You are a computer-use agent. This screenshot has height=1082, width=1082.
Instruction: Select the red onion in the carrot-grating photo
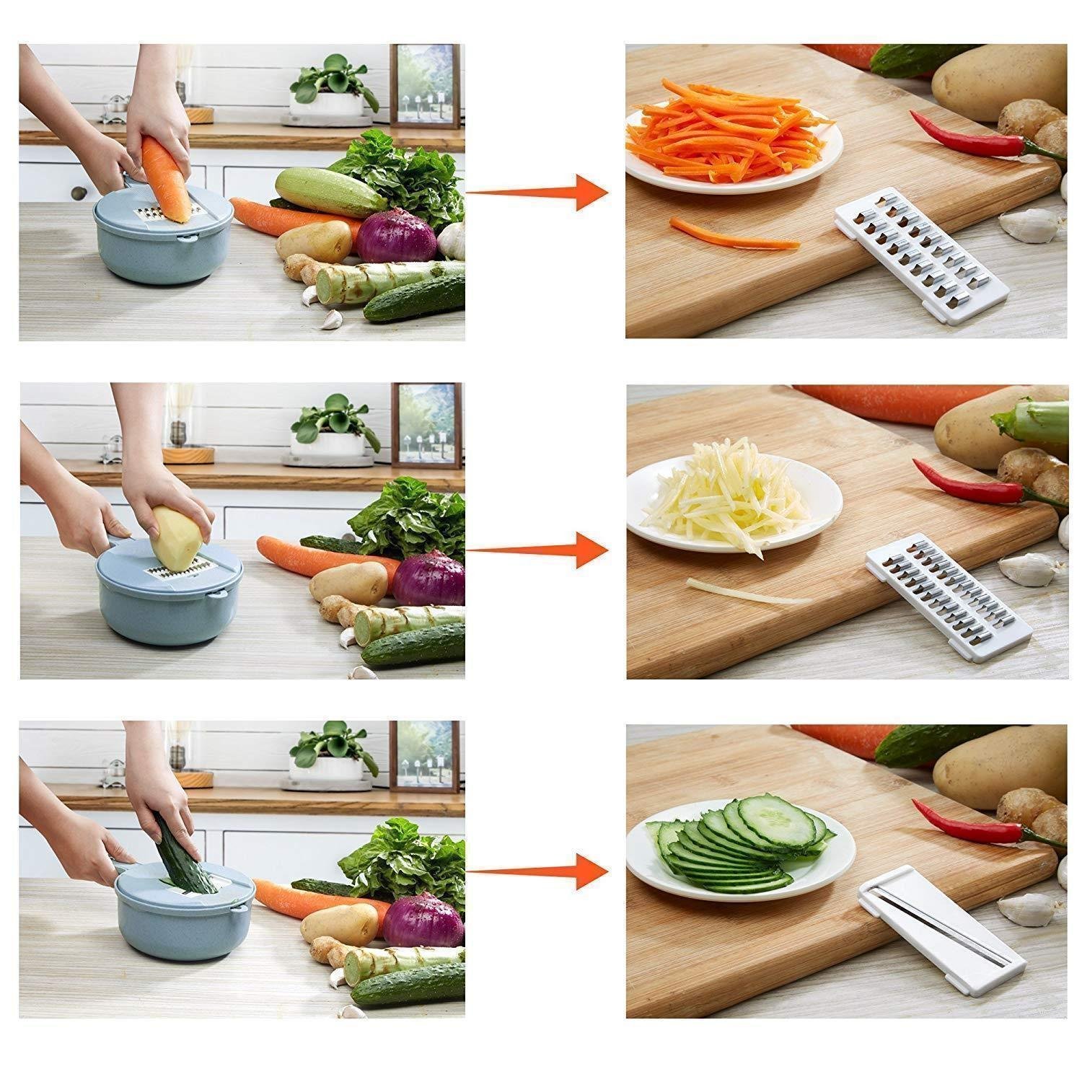(397, 234)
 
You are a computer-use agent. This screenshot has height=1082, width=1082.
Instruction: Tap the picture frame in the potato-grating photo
(426, 426)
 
